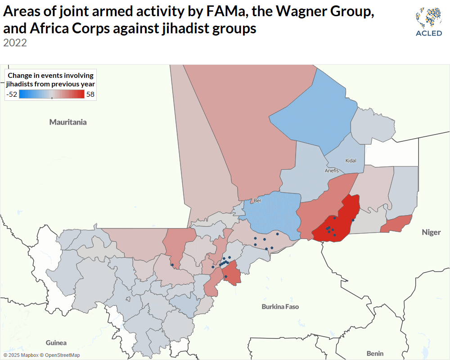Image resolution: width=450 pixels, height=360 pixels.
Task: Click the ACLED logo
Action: point(428,22)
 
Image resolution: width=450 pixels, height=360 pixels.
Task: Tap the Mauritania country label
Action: point(68,122)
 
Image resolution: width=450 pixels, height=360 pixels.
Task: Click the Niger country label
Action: point(431,232)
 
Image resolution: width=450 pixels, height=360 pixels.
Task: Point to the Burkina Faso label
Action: point(280,306)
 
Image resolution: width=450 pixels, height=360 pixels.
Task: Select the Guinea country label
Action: point(56,342)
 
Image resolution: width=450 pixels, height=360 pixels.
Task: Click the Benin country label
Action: point(375,353)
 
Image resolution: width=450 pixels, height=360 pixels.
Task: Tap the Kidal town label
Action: point(351,161)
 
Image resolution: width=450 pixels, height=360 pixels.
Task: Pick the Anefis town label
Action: point(332,171)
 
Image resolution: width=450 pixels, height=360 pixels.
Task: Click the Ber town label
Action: point(257,201)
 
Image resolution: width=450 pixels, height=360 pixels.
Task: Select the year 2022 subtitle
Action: point(15,43)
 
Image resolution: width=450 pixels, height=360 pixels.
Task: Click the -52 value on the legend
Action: point(12,94)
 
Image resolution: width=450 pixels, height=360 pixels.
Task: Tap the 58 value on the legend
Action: point(90,94)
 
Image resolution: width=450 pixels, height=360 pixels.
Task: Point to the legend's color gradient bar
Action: point(52,94)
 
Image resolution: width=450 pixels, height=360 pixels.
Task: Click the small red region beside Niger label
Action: point(397,224)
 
